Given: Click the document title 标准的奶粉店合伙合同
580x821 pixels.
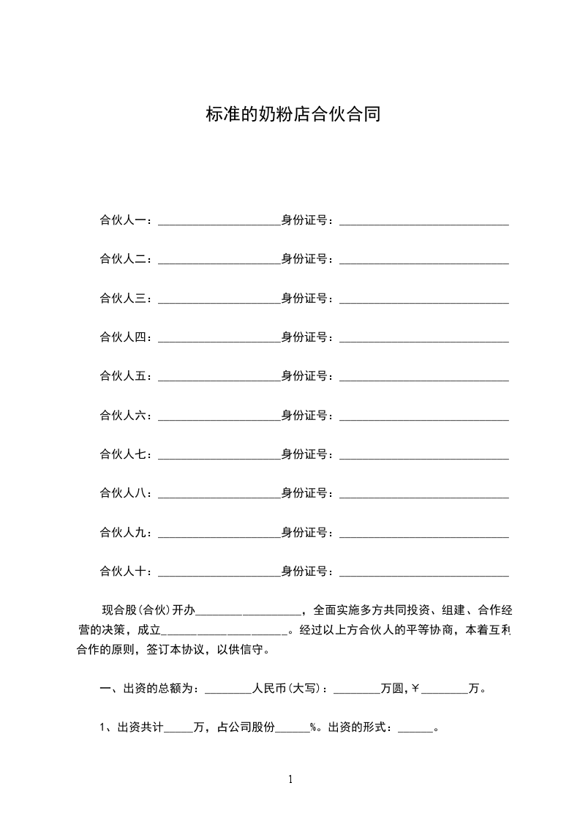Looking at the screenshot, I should point(293,114).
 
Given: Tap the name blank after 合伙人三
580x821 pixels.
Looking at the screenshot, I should point(219,299).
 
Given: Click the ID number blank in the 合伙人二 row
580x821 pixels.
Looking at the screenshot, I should point(423,259).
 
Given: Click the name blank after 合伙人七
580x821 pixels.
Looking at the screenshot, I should point(219,454).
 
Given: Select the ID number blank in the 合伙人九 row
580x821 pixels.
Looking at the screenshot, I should point(423,533).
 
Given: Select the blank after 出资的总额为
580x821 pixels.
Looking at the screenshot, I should point(228,689).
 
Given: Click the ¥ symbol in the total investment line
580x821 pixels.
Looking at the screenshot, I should point(415,689).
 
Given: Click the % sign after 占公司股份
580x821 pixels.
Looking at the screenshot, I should point(312,728).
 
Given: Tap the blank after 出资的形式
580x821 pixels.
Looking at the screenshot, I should point(415,729).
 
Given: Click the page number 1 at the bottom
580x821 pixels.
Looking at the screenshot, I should point(290,779).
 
